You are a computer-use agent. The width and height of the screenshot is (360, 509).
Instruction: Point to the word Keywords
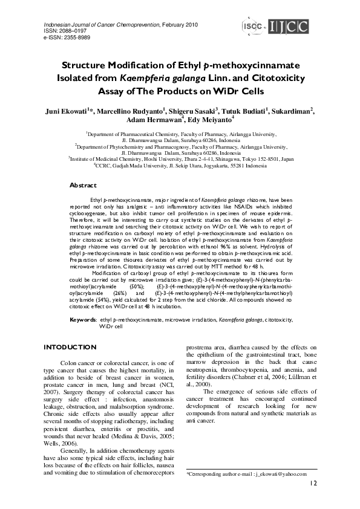coord(83,319)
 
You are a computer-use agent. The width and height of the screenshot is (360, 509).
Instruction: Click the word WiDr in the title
coord(231,91)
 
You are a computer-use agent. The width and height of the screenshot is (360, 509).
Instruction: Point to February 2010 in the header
coord(182,24)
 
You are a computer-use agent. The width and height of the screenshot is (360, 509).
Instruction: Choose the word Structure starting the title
coord(88,65)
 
